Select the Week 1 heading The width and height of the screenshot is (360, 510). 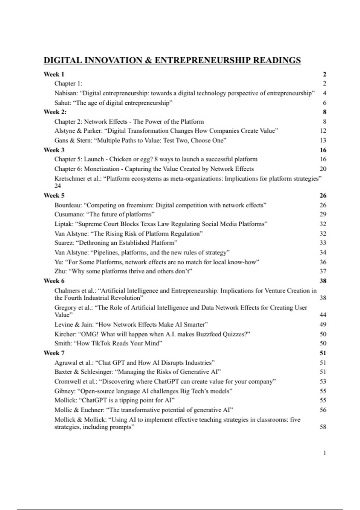coord(54,74)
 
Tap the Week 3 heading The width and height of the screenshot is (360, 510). coord(54,150)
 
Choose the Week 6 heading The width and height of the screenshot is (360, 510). coord(54,281)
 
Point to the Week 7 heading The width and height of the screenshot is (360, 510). coord(54,353)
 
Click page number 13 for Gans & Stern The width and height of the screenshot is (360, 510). coord(323,140)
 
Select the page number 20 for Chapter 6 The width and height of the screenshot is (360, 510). coord(323,169)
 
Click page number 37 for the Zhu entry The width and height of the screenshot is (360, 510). coord(323,271)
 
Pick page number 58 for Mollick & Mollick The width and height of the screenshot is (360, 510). coord(323,427)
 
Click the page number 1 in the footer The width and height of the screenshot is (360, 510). coord(325,453)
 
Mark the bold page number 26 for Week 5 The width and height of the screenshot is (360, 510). coord(323,196)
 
